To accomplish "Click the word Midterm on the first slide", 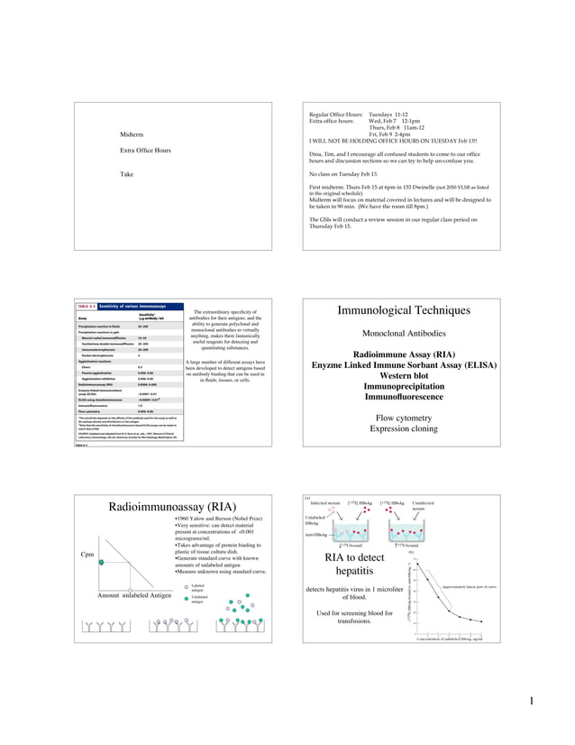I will (x=132, y=134).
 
